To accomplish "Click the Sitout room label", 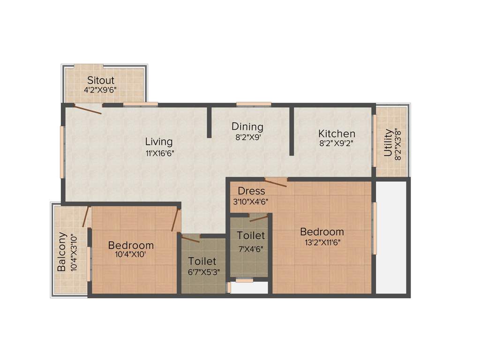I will click(101, 80).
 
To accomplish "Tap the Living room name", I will click(158, 142).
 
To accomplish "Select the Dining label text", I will click(247, 127).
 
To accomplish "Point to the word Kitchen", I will click(337, 134).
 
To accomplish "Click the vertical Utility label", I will click(388, 142).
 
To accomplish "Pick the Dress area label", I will click(251, 191).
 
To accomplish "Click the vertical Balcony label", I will click(62, 254).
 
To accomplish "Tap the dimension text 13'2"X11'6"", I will click(322, 243).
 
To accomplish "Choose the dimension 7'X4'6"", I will click(250, 249).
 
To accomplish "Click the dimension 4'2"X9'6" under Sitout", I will click(100, 90).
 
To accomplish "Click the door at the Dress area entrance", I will click(276, 182).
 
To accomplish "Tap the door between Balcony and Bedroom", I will click(85, 217).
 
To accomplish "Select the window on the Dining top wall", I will click(254, 104).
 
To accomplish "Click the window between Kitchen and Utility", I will click(374, 141).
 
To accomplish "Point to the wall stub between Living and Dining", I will click(209, 123).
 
